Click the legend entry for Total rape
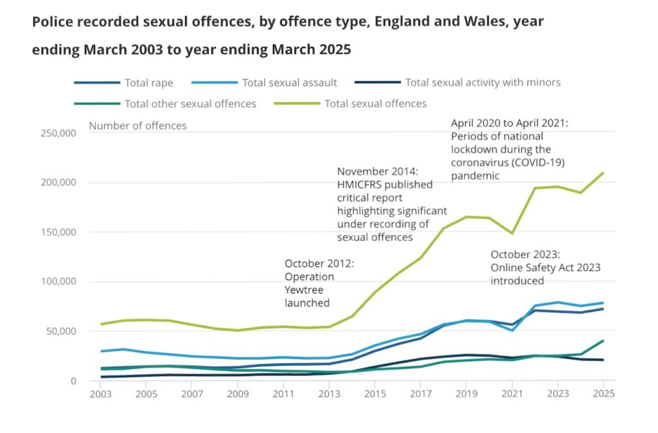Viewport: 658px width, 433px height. point(148,82)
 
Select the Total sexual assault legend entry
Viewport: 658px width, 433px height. point(289,82)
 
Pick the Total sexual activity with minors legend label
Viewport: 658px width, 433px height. point(483,82)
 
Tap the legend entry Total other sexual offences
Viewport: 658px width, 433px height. point(190,103)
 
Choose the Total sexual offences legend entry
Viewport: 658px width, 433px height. point(375,103)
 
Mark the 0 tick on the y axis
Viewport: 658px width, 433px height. point(73,380)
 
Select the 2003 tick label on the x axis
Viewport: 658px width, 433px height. point(100,393)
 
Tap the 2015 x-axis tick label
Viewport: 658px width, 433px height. point(376,393)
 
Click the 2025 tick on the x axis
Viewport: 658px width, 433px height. point(603,393)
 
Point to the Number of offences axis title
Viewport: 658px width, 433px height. point(138,126)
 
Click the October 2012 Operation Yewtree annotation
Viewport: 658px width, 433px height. point(319,283)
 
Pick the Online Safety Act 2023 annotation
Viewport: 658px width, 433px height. point(545,267)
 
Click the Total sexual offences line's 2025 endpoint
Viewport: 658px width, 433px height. point(603,173)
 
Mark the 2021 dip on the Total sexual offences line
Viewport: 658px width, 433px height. point(512,233)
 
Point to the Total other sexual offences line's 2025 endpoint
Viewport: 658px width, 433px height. point(603,340)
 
